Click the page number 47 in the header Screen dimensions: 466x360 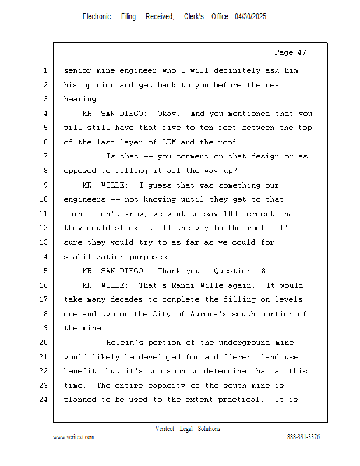click(x=301, y=52)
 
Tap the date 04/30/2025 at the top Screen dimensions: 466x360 click(x=250, y=17)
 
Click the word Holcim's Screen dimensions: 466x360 click(x=125, y=343)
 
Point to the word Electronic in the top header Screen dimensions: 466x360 click(x=97, y=17)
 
